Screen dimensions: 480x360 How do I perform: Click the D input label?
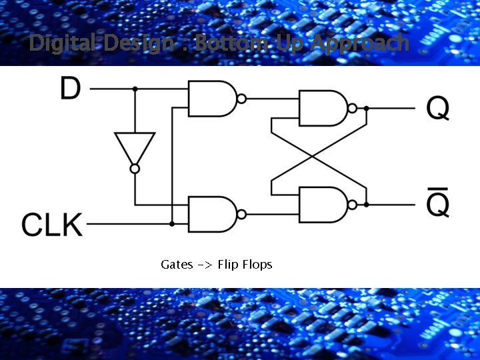[x=71, y=88]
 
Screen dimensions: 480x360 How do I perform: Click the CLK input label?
[x=53, y=225]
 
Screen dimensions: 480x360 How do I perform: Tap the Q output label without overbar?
[x=437, y=108]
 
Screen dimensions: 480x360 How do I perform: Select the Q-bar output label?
[x=437, y=201]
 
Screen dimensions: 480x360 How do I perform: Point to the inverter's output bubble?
[x=135, y=169]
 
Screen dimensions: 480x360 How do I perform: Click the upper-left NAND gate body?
[x=211, y=98]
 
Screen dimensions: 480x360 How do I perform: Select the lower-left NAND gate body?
[x=211, y=214]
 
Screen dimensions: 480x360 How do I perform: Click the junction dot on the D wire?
[x=135, y=88]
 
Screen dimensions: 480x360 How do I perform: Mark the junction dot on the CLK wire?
[x=172, y=224]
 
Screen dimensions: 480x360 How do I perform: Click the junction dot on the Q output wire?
[x=366, y=108]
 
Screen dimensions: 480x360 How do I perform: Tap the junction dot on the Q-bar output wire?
[x=366, y=204]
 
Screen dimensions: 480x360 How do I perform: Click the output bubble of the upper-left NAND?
[x=241, y=99]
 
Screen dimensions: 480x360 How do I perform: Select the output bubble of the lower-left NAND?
[x=241, y=214]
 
